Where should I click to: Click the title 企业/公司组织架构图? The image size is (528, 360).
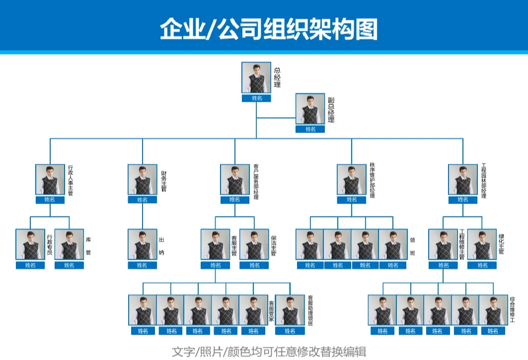(268, 29)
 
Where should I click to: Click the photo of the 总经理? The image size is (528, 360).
(256, 77)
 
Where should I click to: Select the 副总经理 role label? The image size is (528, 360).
(331, 110)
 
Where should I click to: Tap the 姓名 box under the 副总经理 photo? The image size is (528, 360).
(310, 129)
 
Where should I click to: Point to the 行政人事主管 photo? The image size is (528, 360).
(50, 180)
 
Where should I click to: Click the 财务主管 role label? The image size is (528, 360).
(163, 182)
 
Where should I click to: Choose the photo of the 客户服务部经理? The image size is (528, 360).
(235, 180)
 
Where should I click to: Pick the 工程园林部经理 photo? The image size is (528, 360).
(463, 180)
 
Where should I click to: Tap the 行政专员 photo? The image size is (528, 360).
(30, 244)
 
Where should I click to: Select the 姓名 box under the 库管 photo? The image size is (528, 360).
(69, 265)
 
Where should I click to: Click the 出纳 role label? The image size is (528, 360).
(161, 246)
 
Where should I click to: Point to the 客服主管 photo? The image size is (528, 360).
(216, 244)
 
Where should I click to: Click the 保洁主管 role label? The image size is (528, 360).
(273, 245)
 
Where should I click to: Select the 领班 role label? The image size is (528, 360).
(412, 246)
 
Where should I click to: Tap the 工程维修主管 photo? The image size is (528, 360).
(443, 244)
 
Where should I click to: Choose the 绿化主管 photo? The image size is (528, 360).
(482, 244)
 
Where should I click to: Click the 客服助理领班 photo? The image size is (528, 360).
(290, 310)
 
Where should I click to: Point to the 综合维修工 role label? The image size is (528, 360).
(512, 310)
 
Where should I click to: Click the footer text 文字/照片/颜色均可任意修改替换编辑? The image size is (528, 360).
(269, 352)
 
